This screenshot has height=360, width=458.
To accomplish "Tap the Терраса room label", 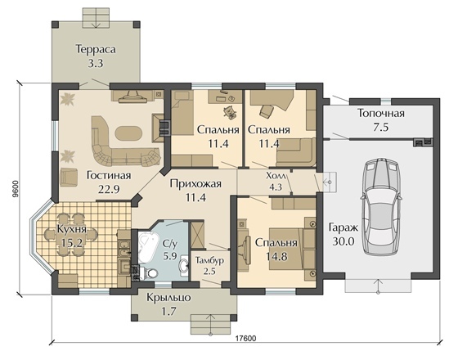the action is [96, 49].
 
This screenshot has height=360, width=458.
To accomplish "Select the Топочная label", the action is [381, 113].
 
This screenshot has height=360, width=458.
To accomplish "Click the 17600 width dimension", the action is [245, 339].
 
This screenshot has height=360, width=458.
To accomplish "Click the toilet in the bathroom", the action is [150, 273].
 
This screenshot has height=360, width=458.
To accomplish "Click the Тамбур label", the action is [209, 260].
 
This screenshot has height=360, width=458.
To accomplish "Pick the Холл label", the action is [276, 175].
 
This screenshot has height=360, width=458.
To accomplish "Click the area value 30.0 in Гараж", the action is [343, 241].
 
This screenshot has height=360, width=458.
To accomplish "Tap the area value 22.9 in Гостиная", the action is [108, 190].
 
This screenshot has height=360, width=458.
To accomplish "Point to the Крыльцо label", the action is [168, 298].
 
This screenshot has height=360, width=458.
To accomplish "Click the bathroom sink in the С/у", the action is [184, 266].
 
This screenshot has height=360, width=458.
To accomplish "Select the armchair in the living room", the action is [69, 178].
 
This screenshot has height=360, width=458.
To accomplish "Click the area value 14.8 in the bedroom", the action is [276, 257].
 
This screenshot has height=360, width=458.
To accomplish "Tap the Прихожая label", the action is [195, 184].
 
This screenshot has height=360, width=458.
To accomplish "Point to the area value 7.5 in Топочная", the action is [381, 128].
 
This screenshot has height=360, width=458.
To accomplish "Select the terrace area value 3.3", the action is [96, 64].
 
